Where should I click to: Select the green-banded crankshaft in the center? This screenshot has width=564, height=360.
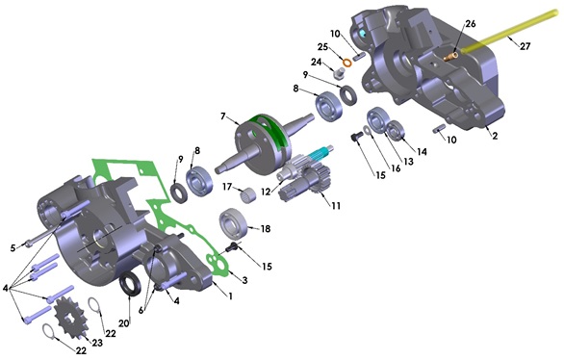click(x=270, y=139)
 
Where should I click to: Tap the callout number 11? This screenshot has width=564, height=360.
click(x=336, y=206)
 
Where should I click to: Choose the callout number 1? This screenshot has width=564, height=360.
click(x=229, y=295)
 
